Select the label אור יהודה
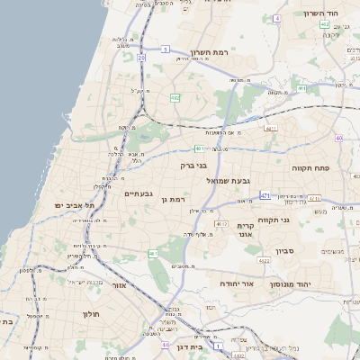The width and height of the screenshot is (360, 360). point(237,283)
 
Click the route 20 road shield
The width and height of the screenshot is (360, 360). point(141,58)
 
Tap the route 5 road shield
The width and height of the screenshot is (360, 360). point(166,50)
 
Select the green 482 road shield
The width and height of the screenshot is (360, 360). point(175,96)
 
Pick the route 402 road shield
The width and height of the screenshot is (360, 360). point(302,88)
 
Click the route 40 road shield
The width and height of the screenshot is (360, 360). point(338,138)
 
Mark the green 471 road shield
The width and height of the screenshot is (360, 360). point(265,194)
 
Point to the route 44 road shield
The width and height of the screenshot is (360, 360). point(165,344)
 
